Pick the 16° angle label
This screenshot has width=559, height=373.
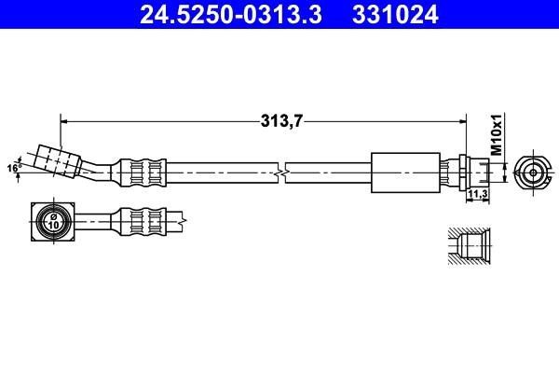coord(13,168)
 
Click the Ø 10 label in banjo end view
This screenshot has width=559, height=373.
coord(53,221)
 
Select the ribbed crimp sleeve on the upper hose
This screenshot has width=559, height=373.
coord(143,172)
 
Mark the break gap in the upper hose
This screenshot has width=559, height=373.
coord(282,172)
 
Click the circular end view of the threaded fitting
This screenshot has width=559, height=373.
coord(531,172)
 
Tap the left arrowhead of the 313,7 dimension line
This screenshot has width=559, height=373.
coord(64,119)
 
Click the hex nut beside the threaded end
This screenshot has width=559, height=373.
coord(459,172)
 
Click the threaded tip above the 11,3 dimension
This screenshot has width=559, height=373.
coord(479,172)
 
